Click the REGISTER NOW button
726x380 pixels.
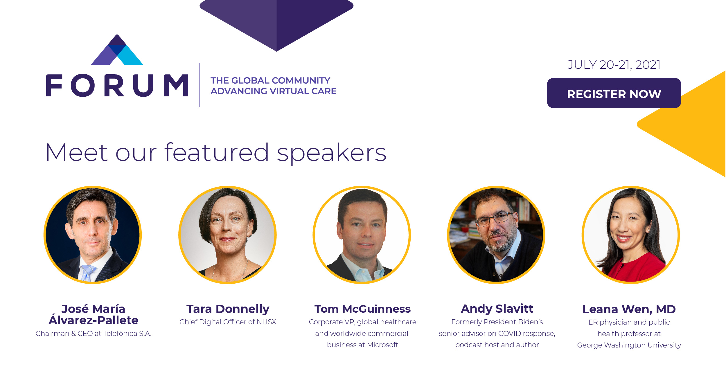pyautogui.click(x=614, y=93)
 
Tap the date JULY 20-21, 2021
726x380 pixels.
pyautogui.click(x=614, y=65)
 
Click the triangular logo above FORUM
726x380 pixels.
pyautogui.click(x=117, y=50)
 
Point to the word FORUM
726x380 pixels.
pyautogui.click(x=117, y=85)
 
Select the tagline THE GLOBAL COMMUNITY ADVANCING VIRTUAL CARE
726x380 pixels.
pyautogui.click(x=273, y=86)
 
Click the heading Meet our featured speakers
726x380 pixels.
pyautogui.click(x=216, y=153)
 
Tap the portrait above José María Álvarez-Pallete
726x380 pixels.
pyautogui.click(x=93, y=235)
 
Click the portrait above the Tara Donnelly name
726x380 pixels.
pyautogui.click(x=227, y=235)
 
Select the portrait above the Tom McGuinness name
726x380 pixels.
pyautogui.click(x=362, y=235)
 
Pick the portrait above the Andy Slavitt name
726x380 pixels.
pyautogui.click(x=496, y=235)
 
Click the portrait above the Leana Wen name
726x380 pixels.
pyautogui.click(x=631, y=235)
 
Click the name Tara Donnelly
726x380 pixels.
pyautogui.click(x=228, y=309)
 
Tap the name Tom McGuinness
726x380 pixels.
pyautogui.click(x=362, y=309)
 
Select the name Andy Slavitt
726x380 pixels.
pyautogui.click(x=497, y=309)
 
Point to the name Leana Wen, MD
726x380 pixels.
pyautogui.click(x=629, y=309)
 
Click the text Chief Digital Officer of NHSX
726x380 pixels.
pyautogui.click(x=228, y=322)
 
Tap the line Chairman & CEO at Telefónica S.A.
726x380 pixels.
pyautogui.click(x=94, y=334)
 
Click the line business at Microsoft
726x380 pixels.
pyautogui.click(x=362, y=345)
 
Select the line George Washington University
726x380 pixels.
pyautogui.click(x=629, y=345)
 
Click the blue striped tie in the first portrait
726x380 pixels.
pyautogui.click(x=87, y=273)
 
